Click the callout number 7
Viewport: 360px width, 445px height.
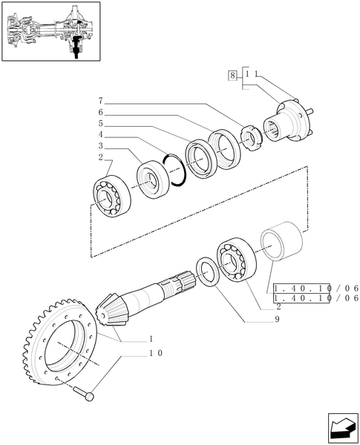[99, 100]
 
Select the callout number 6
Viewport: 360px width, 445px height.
[99, 112]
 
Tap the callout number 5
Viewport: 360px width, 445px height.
[99, 124]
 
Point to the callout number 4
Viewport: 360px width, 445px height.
[99, 136]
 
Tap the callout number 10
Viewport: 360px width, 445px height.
[156, 354]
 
